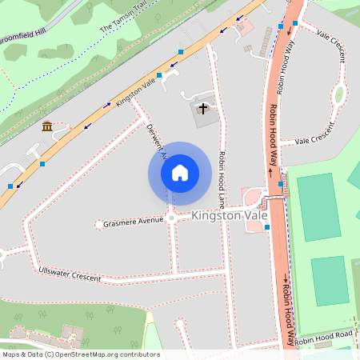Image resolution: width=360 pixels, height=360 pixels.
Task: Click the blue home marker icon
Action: [x=180, y=172]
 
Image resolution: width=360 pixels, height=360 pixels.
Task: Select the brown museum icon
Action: [x=47, y=126]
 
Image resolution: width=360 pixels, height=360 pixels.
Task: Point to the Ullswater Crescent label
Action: [x=70, y=274]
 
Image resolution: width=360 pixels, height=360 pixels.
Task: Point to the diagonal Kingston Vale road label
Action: [x=135, y=92]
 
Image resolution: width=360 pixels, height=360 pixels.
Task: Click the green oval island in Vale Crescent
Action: [x=338, y=94]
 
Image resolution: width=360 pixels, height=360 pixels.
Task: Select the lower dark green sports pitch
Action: [x=329, y=280]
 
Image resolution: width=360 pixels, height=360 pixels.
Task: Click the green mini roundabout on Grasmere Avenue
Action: [x=170, y=218]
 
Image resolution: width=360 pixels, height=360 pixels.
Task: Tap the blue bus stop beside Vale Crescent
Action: [x=295, y=24]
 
